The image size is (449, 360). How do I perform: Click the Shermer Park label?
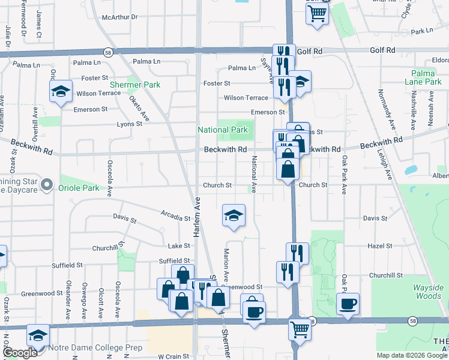click(x=135, y=85)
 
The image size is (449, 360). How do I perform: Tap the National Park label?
click(x=223, y=130)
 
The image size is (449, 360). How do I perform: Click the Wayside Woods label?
click(x=429, y=292)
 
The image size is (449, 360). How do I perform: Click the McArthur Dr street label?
click(x=120, y=18)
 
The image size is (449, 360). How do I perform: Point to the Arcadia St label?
click(x=175, y=215)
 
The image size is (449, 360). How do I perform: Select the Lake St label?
click(x=179, y=246)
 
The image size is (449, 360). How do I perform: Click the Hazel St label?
click(x=380, y=246)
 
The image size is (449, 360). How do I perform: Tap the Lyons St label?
click(x=129, y=124)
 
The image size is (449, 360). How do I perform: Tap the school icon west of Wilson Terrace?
click(x=61, y=91)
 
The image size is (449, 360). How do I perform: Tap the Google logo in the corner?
click(x=20, y=353)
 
